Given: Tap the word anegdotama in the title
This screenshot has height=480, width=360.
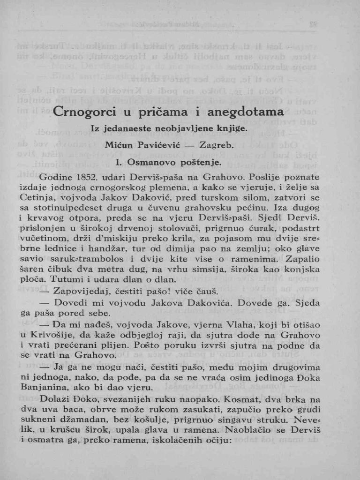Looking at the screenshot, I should point(246,112).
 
